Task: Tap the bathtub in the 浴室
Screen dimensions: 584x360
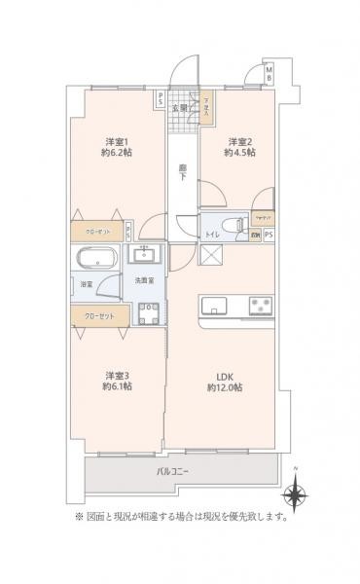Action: coord(95,261)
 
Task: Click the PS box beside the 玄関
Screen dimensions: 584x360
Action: coord(161,95)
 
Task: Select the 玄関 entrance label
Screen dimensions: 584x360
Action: coord(181,106)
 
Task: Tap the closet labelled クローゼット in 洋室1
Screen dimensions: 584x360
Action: coord(96,233)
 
